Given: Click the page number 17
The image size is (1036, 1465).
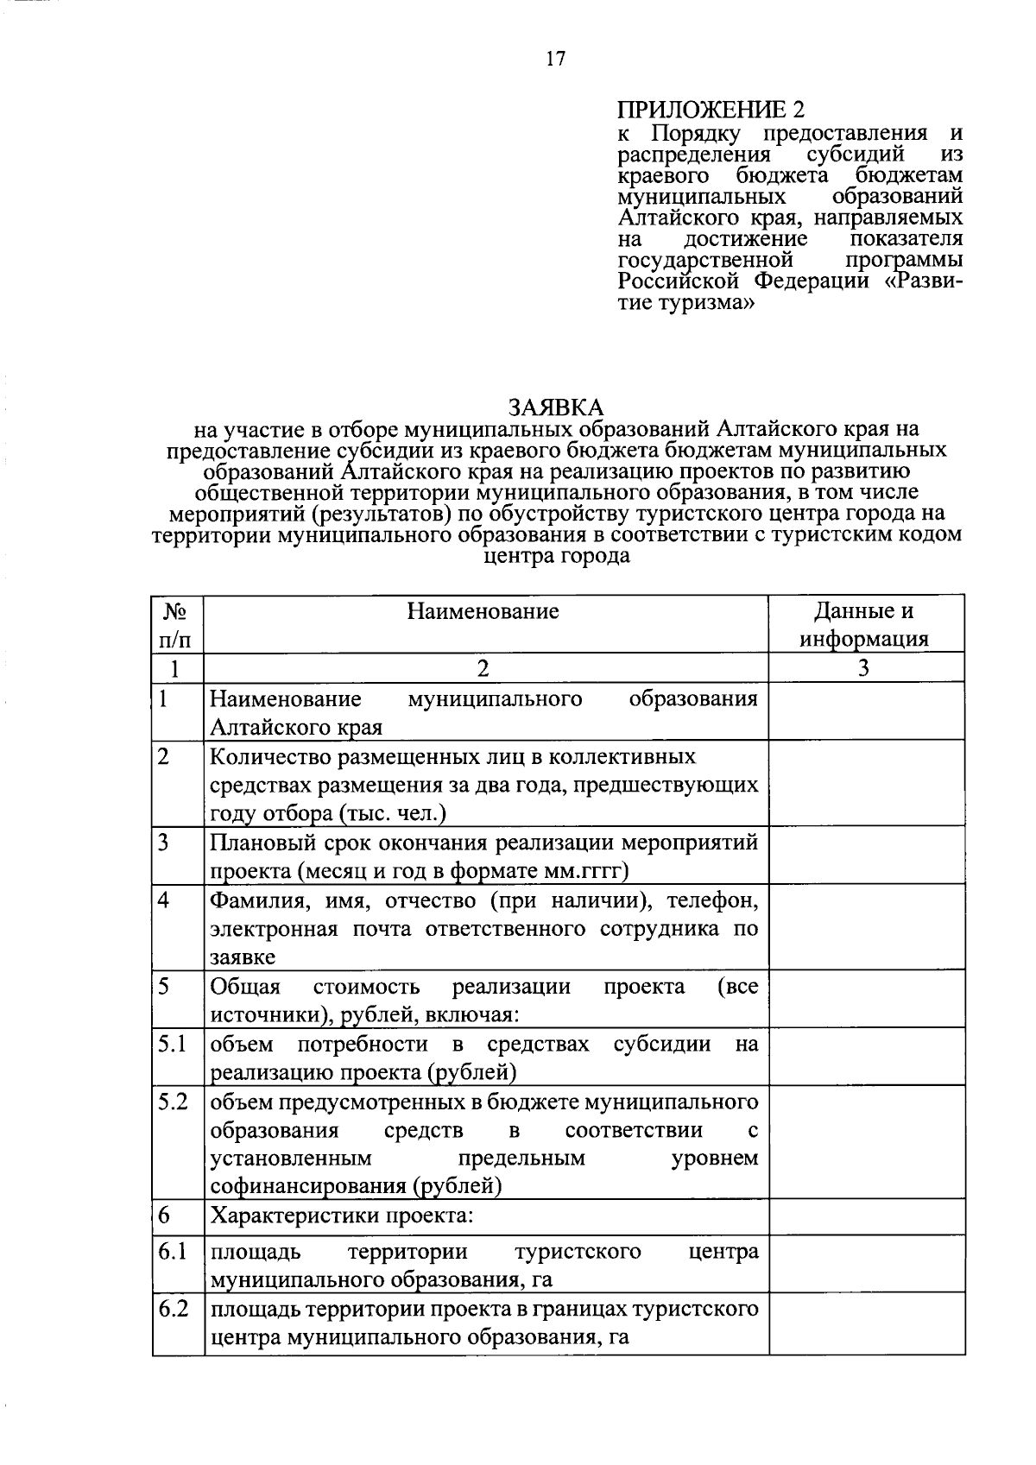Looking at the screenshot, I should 555,59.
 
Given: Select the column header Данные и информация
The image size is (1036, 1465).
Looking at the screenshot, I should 864,625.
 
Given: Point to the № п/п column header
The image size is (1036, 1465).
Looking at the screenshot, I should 176,625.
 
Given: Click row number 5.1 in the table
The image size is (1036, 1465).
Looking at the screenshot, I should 173,1044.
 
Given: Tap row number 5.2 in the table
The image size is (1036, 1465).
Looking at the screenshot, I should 173,1102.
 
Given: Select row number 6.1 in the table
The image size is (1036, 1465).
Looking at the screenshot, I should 173,1251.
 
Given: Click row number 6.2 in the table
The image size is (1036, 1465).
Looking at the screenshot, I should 173,1309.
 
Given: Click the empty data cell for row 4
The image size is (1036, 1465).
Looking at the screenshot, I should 866,927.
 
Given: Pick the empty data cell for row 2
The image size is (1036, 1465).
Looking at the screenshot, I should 866,783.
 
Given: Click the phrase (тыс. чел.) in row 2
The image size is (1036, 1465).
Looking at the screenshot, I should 392,813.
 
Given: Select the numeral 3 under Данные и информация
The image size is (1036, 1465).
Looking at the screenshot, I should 864,668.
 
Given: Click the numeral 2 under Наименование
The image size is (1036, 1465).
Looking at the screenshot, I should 483,668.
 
